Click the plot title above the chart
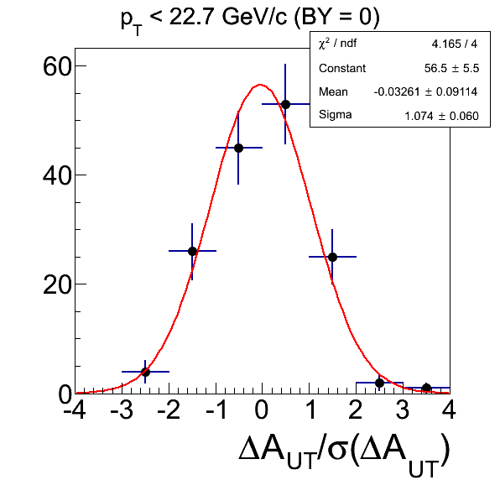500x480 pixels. point(250,20)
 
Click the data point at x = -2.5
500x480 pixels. point(145,372)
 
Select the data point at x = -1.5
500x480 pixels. point(192,251)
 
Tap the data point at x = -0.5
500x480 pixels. point(238,148)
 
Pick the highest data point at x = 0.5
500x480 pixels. point(285,104)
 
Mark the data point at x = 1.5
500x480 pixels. point(332,257)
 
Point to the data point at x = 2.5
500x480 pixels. point(379,383)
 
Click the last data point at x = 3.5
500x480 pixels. point(426,389)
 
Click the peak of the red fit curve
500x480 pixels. point(260,85)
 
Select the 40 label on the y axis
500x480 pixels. point(56,175)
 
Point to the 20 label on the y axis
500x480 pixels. point(56,285)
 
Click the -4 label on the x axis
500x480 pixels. point(75,410)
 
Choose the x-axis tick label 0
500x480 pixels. point(262,410)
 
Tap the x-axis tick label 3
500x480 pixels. point(403,410)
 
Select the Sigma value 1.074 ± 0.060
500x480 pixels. point(441,116)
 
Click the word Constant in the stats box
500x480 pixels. point(342,68)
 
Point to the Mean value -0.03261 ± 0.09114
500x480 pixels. point(425,91)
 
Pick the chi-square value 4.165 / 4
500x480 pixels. point(455,44)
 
